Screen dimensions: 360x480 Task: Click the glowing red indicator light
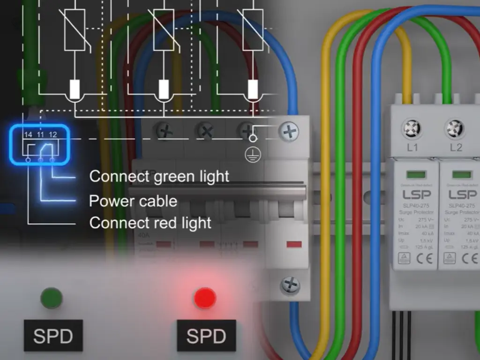pyautogui.click(x=205, y=298)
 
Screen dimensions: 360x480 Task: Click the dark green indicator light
pyautogui.click(x=52, y=298)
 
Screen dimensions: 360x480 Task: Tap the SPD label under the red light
pyautogui.click(x=206, y=336)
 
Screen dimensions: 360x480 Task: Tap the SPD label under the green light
pyautogui.click(x=53, y=336)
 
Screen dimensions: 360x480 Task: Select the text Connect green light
pyautogui.click(x=159, y=177)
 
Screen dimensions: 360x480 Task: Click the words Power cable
pyautogui.click(x=133, y=201)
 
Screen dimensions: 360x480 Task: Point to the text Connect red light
pyautogui.click(x=150, y=223)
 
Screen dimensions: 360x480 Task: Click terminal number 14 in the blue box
pyautogui.click(x=28, y=135)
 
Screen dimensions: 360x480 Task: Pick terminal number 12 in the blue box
pyautogui.click(x=52, y=135)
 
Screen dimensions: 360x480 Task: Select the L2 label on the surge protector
pyautogui.click(x=456, y=148)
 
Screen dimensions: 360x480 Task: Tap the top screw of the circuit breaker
pyautogui.click(x=289, y=132)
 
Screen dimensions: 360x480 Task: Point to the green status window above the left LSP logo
pyautogui.click(x=416, y=174)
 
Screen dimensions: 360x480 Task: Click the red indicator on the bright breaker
pyautogui.click(x=294, y=244)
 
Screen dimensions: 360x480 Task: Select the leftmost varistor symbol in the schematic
pyautogui.click(x=75, y=29)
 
